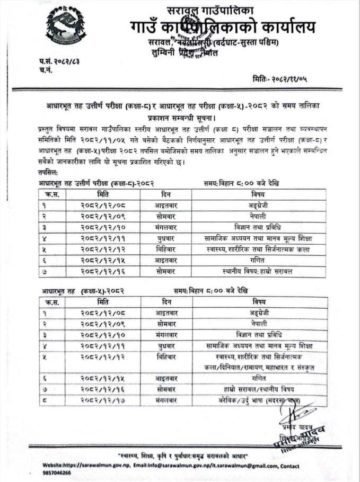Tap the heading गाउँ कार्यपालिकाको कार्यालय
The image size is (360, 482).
(x=223, y=26)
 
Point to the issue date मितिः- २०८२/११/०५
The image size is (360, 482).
(x=281, y=79)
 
